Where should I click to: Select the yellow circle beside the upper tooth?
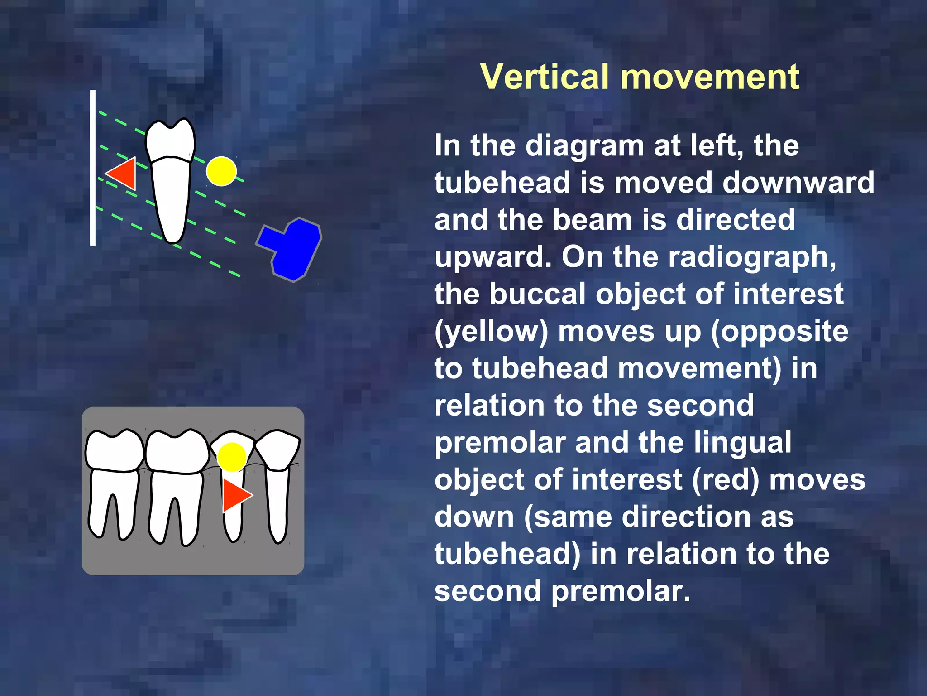click(221, 171)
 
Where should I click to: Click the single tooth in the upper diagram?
click(171, 181)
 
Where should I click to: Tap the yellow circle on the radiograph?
click(232, 457)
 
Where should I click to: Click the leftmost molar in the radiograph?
click(113, 480)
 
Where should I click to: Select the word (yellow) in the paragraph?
click(491, 331)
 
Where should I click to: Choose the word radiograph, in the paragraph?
click(752, 257)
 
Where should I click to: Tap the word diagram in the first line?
click(584, 146)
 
